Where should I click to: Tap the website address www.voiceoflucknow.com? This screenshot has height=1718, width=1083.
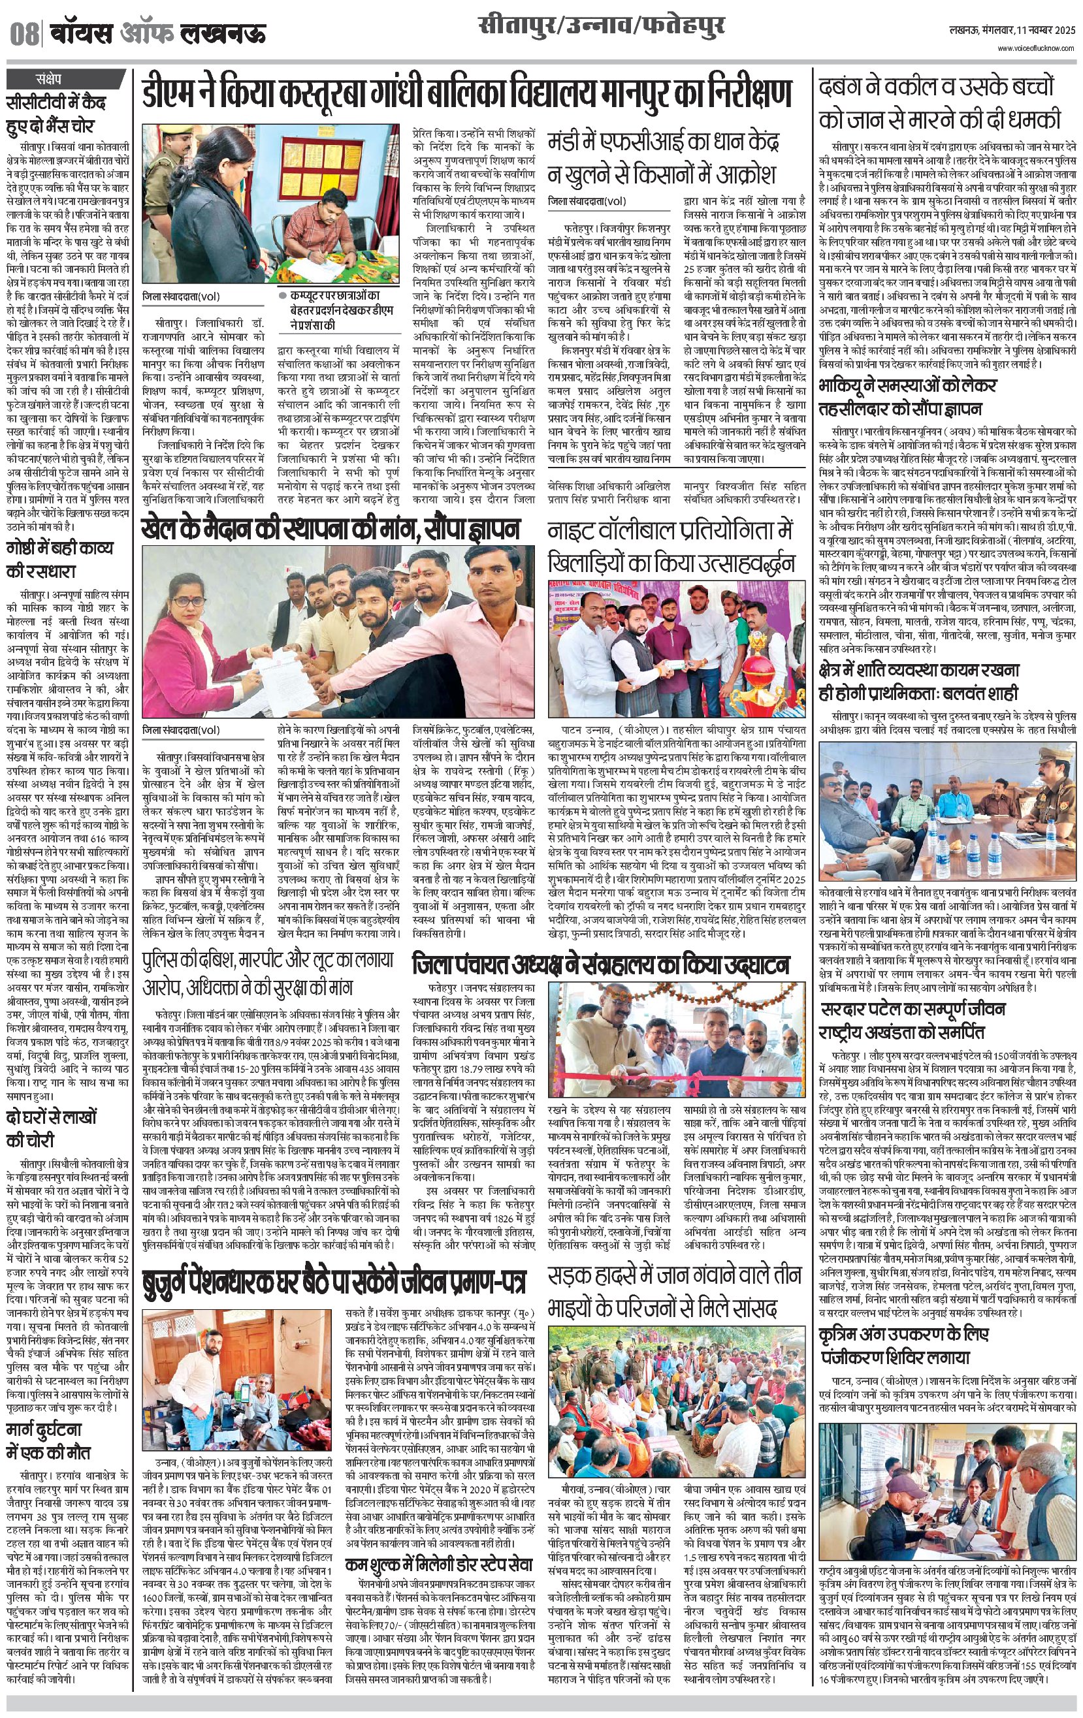click(x=1037, y=48)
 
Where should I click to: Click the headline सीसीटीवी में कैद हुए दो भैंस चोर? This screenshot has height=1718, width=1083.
click(x=56, y=114)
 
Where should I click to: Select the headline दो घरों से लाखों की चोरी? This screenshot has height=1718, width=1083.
click(x=52, y=1128)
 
